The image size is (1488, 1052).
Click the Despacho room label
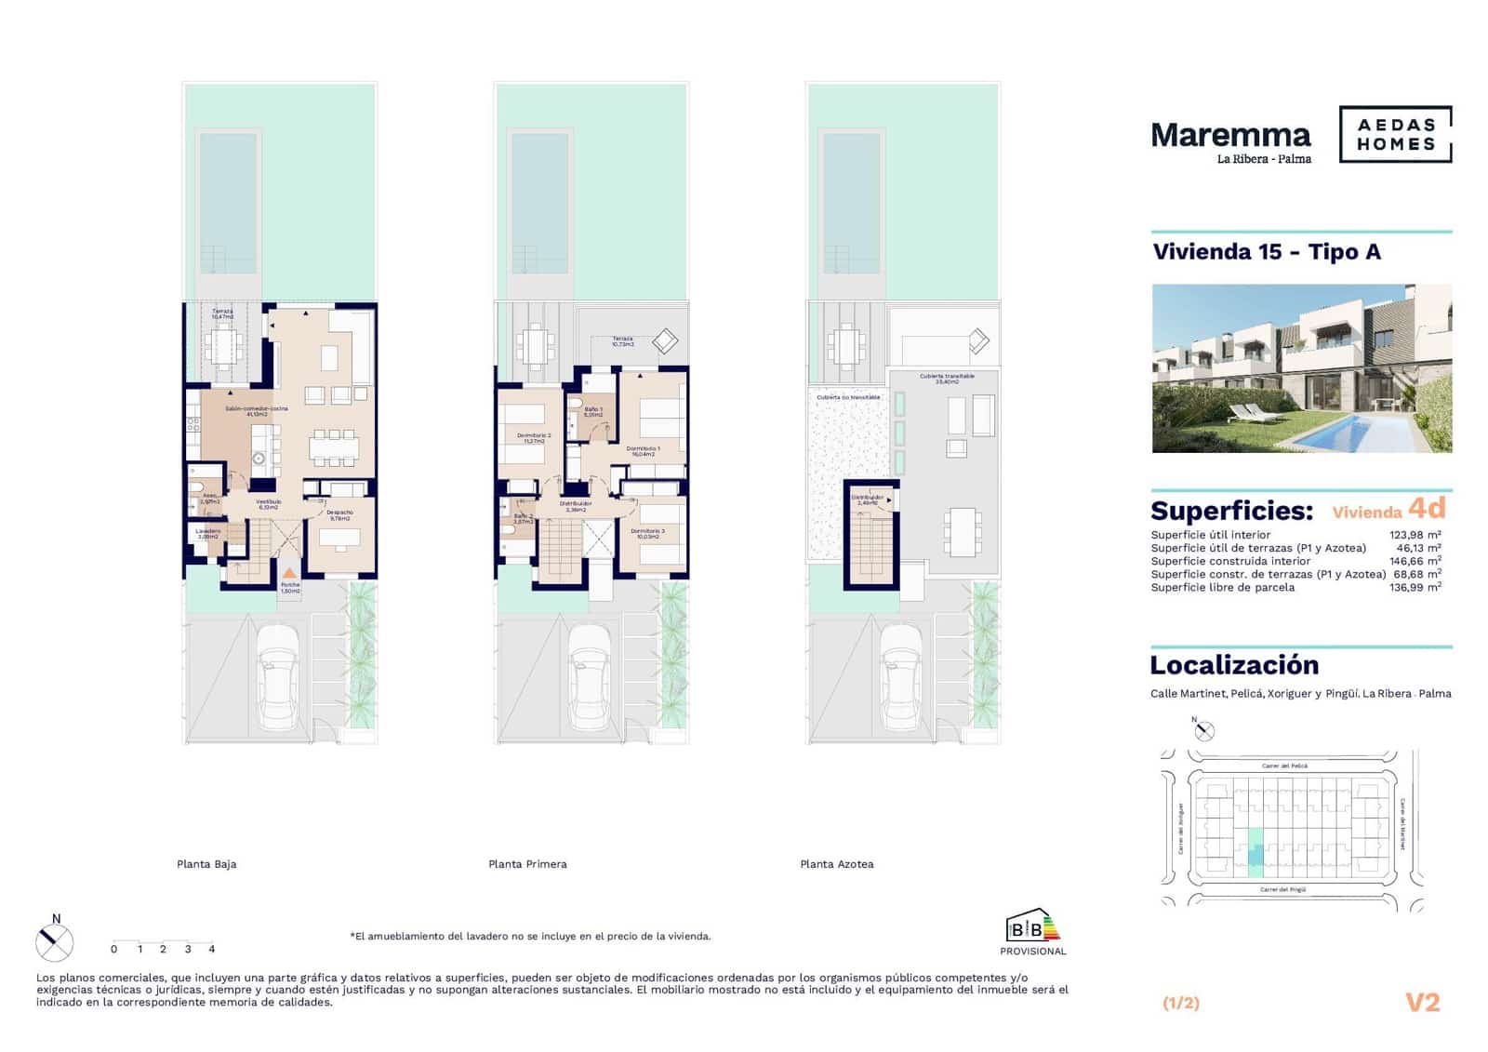click(x=339, y=514)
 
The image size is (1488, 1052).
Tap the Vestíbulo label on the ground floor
click(x=269, y=504)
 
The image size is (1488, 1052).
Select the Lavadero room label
click(x=207, y=533)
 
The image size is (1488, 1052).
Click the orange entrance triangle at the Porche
click(x=290, y=574)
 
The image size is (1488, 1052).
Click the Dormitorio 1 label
click(x=643, y=450)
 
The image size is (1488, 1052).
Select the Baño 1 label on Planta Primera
click(x=593, y=411)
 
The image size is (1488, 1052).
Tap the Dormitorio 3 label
click(x=647, y=533)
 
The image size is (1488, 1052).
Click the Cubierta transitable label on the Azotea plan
click(x=947, y=378)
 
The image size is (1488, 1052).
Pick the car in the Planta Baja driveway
click(x=279, y=676)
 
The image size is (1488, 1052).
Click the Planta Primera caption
click(x=527, y=864)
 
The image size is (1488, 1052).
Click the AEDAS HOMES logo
click(x=1395, y=135)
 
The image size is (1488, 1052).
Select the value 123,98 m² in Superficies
click(x=1415, y=535)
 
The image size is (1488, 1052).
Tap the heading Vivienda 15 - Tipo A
click(x=1266, y=252)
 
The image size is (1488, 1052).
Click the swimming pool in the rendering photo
click(x=1354, y=431)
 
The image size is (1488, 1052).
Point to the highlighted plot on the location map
click(x=1255, y=852)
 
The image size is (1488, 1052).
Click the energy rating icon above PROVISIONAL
click(x=1032, y=926)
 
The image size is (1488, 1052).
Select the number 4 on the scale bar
click(x=212, y=950)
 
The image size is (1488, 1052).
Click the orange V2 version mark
click(x=1422, y=1003)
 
